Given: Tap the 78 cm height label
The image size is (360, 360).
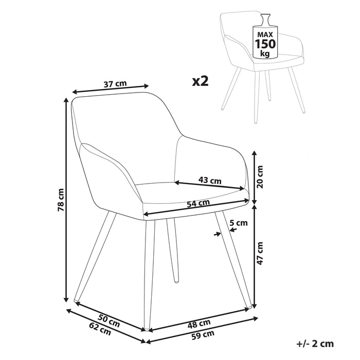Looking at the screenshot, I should coord(61,200).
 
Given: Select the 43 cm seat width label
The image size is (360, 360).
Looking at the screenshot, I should coord(210,180).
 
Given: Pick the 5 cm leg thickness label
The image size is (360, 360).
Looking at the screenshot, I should coord(239,223).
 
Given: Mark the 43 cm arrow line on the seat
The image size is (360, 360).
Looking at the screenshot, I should coord(210,186).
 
